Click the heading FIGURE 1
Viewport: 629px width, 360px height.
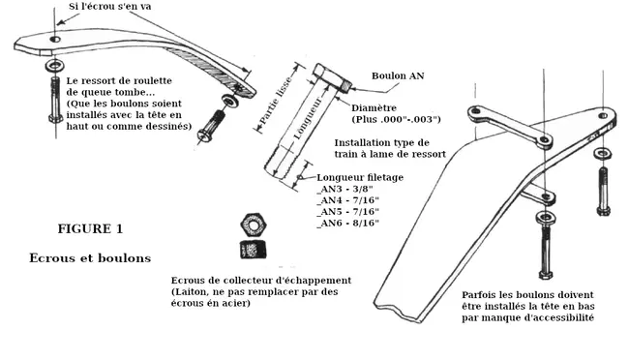point(90,228)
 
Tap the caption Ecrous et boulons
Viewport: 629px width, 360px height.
point(90,257)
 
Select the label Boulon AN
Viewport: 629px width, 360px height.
point(398,75)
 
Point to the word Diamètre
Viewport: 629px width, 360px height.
point(374,108)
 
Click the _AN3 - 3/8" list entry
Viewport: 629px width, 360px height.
point(345,189)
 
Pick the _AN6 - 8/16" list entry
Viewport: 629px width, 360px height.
point(347,224)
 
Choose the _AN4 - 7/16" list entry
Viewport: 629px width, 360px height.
point(347,200)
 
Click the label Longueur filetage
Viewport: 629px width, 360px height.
point(360,177)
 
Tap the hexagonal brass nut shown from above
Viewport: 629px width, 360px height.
point(254,225)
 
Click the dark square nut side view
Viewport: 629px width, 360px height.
point(254,250)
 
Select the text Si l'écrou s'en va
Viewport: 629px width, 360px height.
point(110,7)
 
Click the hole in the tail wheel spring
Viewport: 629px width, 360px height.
point(55,40)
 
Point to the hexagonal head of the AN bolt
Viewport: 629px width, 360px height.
point(332,77)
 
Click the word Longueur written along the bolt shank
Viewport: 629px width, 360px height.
point(308,118)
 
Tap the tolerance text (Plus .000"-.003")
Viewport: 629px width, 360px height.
point(397,120)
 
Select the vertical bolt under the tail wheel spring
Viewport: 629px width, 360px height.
point(56,100)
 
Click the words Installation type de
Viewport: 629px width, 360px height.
point(382,143)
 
